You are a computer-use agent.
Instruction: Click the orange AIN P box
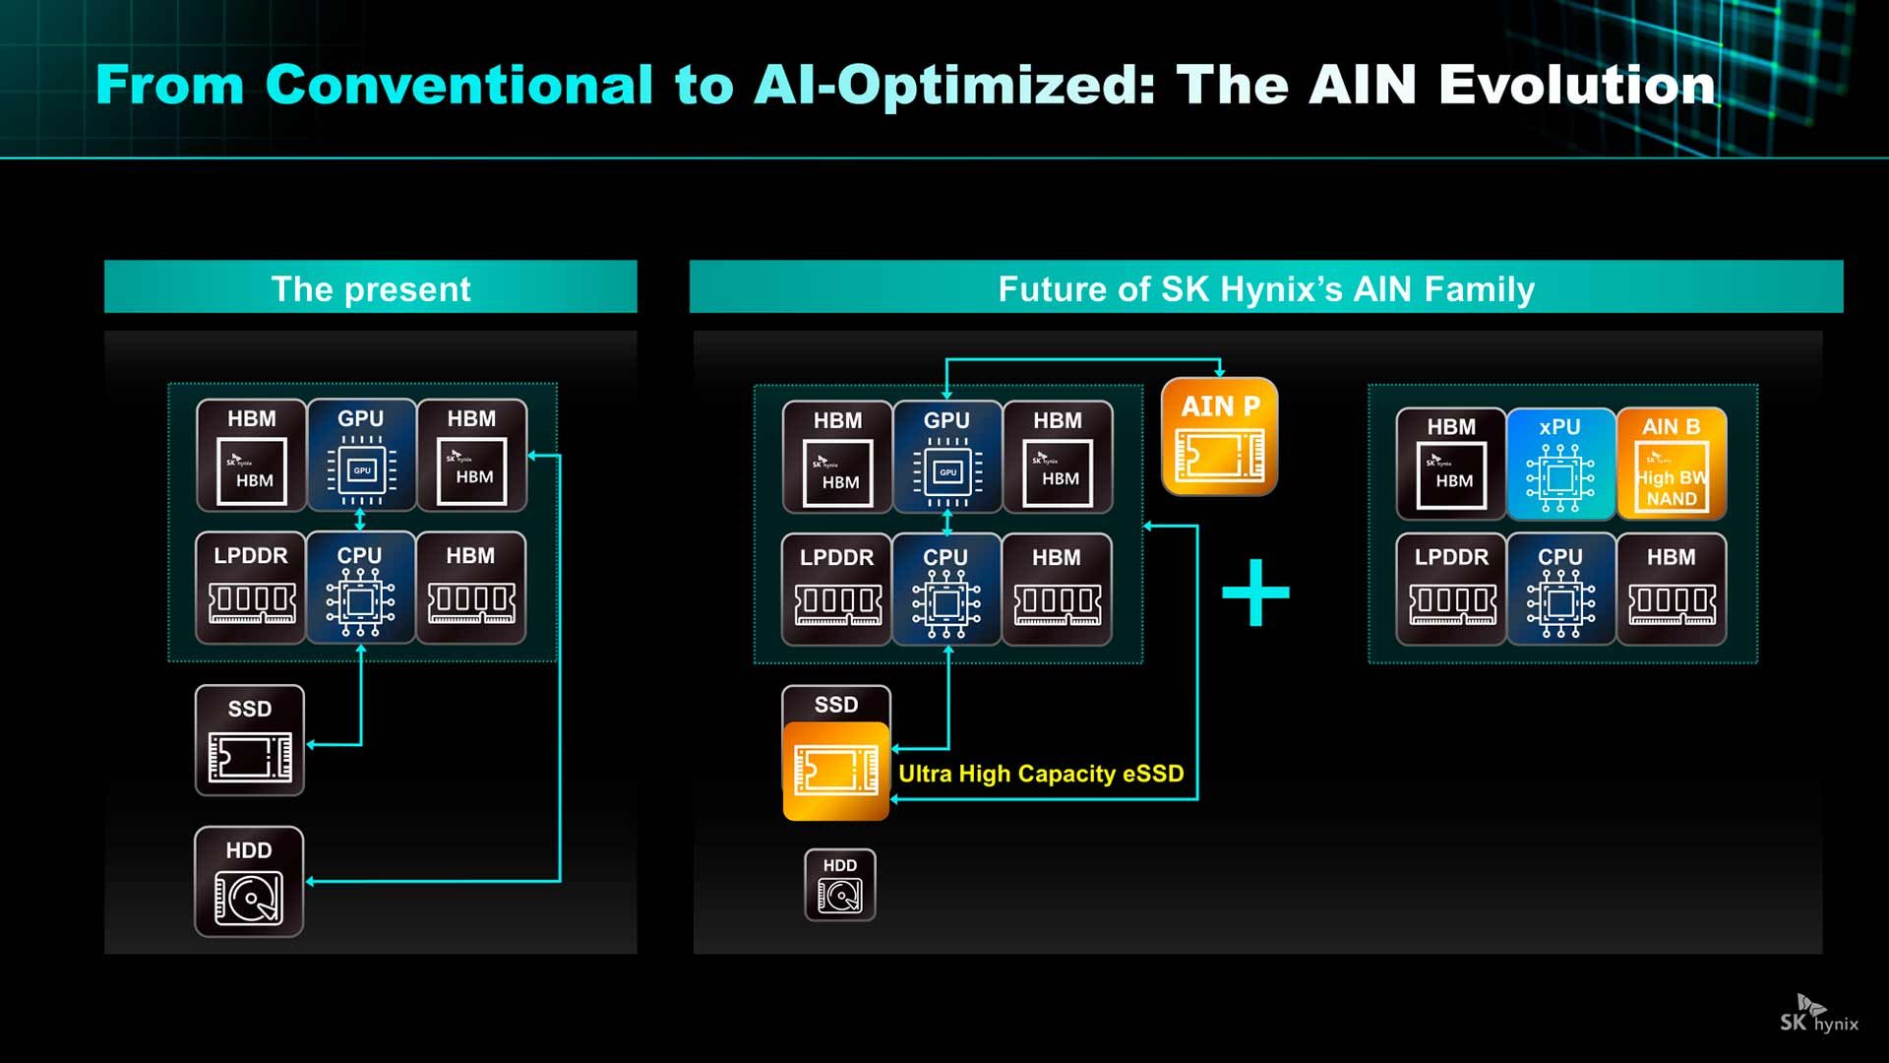(x=1219, y=436)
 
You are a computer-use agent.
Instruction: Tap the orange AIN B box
(x=1671, y=463)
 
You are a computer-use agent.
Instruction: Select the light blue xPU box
(x=1560, y=463)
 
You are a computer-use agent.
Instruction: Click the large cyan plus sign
(x=1255, y=593)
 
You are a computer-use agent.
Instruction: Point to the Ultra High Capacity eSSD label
(x=1041, y=774)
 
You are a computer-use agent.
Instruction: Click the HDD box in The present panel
(x=249, y=881)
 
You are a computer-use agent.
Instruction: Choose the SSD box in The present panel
(x=250, y=740)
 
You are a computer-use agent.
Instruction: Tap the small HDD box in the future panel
(x=839, y=885)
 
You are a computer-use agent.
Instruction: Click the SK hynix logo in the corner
(x=1818, y=1015)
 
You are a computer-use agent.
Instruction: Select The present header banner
(x=370, y=287)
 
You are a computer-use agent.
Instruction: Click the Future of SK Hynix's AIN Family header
(x=1265, y=287)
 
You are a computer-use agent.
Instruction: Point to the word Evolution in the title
(x=1577, y=85)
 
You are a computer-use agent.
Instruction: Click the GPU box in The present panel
(x=361, y=455)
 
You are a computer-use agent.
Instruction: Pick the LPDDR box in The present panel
(x=251, y=589)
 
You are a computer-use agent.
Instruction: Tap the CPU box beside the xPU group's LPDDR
(x=1560, y=590)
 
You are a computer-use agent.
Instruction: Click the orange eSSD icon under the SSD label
(x=835, y=771)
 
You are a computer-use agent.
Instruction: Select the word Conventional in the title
(x=458, y=85)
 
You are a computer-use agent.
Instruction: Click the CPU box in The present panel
(x=360, y=589)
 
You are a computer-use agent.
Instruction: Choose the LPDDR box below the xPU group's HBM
(x=1451, y=590)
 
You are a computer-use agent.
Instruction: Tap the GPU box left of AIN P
(x=946, y=457)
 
